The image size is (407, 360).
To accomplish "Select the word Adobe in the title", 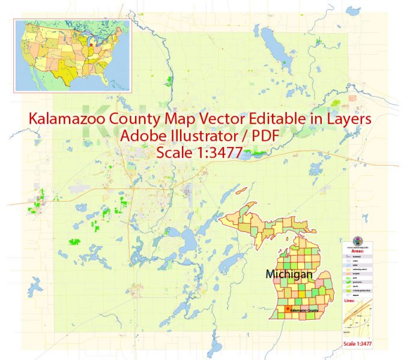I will [x=142, y=136].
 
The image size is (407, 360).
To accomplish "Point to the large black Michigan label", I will [x=289, y=274].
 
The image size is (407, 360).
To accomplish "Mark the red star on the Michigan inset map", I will [x=286, y=309].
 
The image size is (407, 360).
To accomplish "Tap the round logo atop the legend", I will [x=360, y=238].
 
